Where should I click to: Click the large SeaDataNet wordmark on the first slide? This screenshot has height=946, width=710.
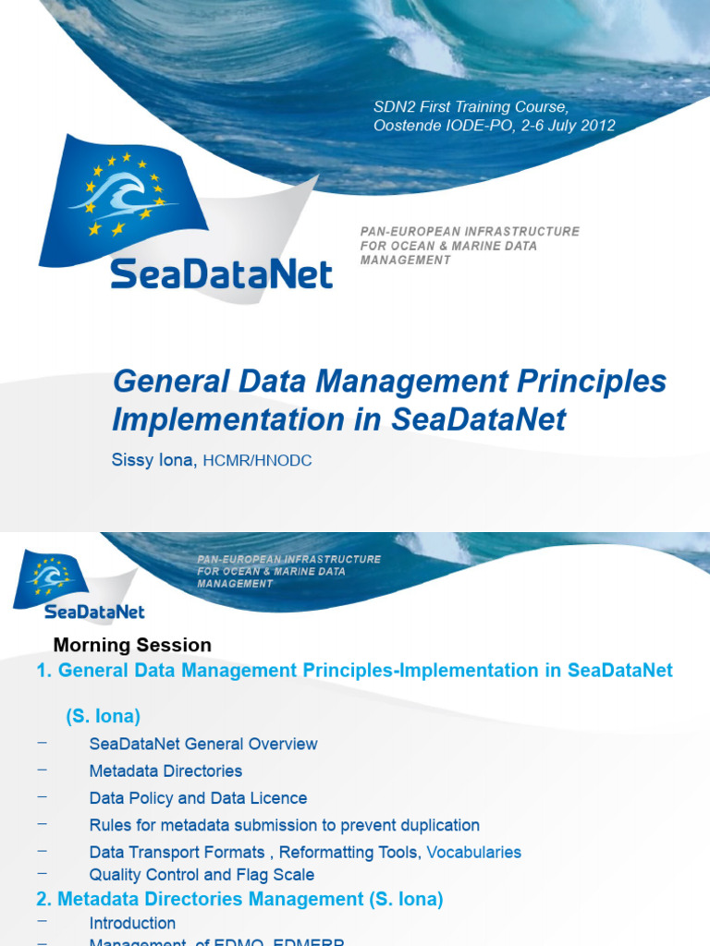pyautogui.click(x=222, y=273)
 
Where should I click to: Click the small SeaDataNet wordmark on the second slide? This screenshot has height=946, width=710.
pyautogui.click(x=94, y=612)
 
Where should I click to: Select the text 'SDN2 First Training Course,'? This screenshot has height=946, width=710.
pyautogui.click(x=471, y=108)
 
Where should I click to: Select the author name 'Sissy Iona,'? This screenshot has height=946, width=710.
pyautogui.click(x=154, y=459)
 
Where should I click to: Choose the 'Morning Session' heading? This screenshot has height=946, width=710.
pyautogui.click(x=132, y=645)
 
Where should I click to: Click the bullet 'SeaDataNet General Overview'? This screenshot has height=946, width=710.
pyautogui.click(x=203, y=744)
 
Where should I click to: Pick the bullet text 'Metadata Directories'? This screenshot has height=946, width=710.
pyautogui.click(x=165, y=770)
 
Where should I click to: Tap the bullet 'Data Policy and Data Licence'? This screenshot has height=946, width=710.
pyautogui.click(x=198, y=797)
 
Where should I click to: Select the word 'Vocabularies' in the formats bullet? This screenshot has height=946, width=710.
pyautogui.click(x=473, y=852)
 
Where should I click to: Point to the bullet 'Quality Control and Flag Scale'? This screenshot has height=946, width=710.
pyautogui.click(x=202, y=874)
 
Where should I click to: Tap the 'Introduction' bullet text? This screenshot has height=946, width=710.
pyautogui.click(x=132, y=923)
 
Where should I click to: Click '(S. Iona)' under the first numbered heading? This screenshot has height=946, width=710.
pyautogui.click(x=103, y=716)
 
